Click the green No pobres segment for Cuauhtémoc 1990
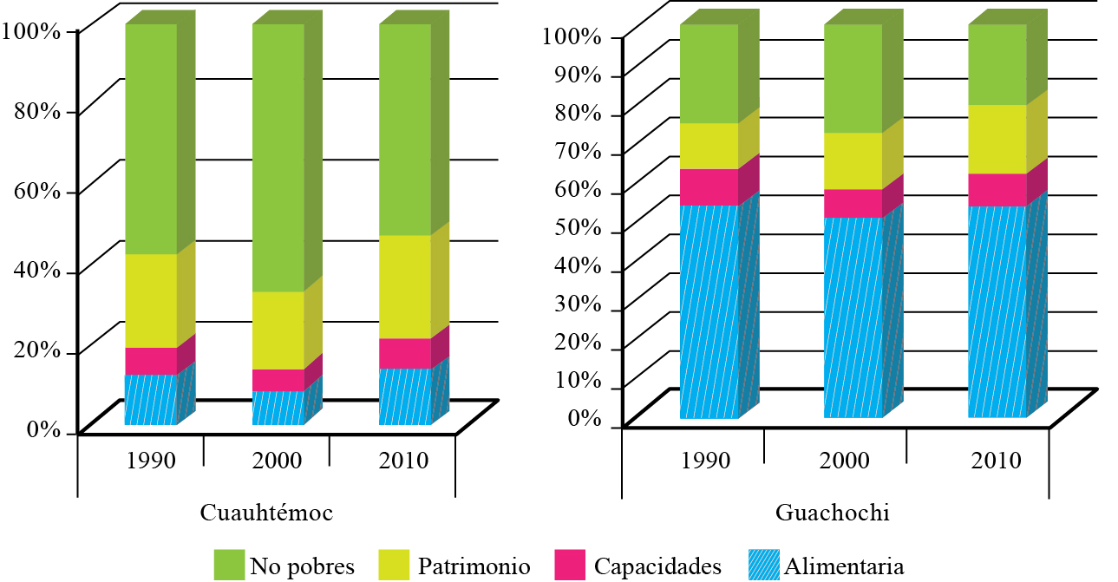(x=151, y=139)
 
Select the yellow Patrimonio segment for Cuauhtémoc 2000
(x=278, y=330)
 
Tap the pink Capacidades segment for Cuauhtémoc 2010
(x=405, y=353)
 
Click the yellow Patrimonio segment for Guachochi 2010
(x=997, y=139)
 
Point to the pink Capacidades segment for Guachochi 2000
(x=853, y=203)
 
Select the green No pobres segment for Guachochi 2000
(x=853, y=78)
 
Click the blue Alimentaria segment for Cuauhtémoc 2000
(x=278, y=408)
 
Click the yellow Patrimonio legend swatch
(x=395, y=566)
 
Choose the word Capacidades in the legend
(x=657, y=567)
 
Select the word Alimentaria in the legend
(x=844, y=567)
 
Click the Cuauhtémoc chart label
(x=266, y=513)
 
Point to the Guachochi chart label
(x=834, y=513)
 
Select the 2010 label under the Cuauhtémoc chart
(x=404, y=460)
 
